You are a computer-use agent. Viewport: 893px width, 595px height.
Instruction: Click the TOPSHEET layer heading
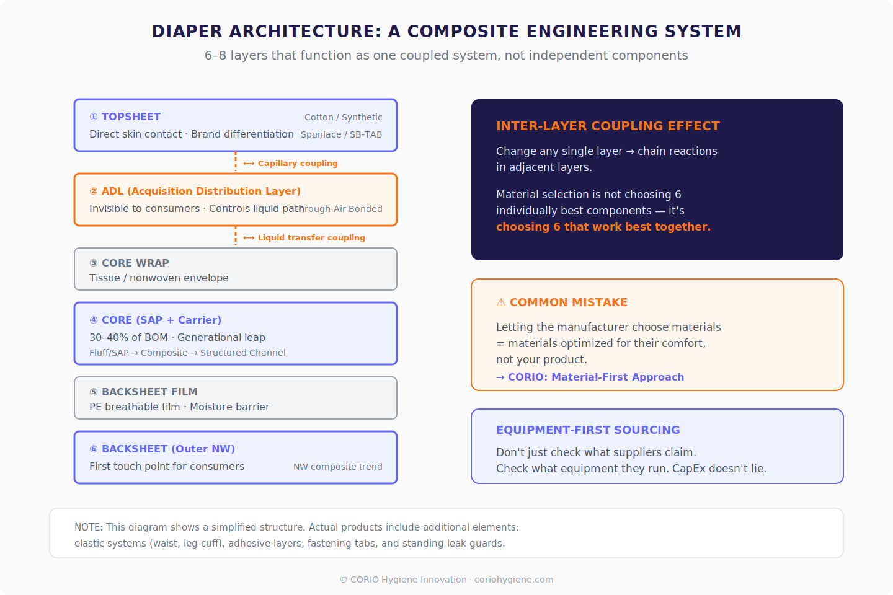coord(131,117)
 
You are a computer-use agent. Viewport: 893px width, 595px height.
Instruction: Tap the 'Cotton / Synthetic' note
coord(343,117)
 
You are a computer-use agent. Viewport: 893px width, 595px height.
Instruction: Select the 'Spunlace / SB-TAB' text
coord(341,134)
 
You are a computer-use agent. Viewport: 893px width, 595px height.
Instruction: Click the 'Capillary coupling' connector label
coord(298,163)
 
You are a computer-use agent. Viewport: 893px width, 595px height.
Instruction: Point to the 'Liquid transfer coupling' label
coord(311,237)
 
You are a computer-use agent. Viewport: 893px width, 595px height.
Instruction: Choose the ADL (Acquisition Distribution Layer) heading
coord(201,191)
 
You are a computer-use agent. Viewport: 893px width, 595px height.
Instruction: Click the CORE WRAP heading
coord(135,263)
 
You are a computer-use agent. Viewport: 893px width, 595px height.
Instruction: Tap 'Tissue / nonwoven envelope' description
coord(159,278)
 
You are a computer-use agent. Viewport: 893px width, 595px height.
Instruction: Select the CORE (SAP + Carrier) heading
coord(161,320)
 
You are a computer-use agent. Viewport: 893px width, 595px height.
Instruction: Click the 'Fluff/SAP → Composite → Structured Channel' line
coord(187,353)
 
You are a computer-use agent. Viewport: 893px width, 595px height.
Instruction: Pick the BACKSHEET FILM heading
coord(149,392)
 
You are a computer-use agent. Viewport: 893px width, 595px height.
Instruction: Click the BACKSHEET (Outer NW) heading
coord(168,449)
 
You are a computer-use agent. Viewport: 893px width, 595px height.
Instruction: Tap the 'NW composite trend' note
coord(337,467)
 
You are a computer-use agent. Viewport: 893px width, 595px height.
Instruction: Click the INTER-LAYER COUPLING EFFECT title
coord(608,126)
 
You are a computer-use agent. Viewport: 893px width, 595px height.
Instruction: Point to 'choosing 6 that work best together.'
coord(603,227)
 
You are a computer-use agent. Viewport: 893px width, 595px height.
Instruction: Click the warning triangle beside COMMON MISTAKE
coord(501,302)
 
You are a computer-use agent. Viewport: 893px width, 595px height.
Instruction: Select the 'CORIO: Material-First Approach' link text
coord(595,377)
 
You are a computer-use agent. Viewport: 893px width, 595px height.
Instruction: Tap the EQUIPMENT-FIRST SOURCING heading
coord(588,430)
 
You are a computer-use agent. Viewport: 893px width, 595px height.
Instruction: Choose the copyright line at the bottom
coord(446,580)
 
